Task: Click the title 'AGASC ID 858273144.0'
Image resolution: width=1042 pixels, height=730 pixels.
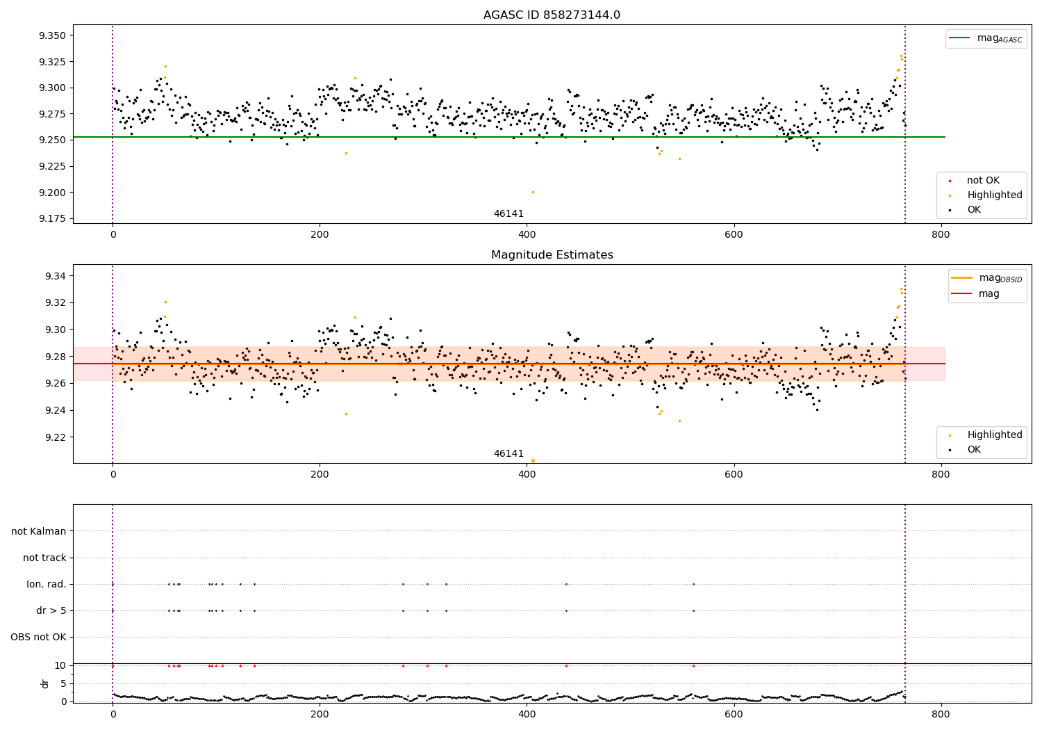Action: point(552,15)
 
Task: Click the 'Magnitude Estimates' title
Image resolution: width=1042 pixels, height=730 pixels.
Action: point(552,255)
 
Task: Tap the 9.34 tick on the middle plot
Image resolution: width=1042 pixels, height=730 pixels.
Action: point(55,276)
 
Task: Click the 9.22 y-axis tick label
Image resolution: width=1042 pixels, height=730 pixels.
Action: point(55,437)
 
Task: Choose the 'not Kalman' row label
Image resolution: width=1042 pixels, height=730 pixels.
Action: point(39,532)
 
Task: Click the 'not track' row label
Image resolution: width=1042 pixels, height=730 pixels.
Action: point(44,558)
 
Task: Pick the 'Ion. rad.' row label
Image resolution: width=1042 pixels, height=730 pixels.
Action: point(47,585)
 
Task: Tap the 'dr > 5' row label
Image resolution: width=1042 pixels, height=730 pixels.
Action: point(51,611)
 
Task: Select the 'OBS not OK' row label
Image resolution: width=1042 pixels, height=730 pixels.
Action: point(38,638)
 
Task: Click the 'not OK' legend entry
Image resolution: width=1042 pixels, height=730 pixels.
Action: point(983,181)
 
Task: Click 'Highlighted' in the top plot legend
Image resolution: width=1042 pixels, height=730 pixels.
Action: point(994,195)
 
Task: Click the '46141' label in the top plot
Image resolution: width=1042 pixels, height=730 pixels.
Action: point(508,214)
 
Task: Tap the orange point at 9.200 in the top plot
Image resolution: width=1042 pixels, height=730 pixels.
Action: point(533,192)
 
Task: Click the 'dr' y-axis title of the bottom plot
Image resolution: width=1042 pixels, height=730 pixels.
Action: point(45,683)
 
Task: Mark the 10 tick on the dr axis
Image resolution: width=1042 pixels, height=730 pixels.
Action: point(60,665)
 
